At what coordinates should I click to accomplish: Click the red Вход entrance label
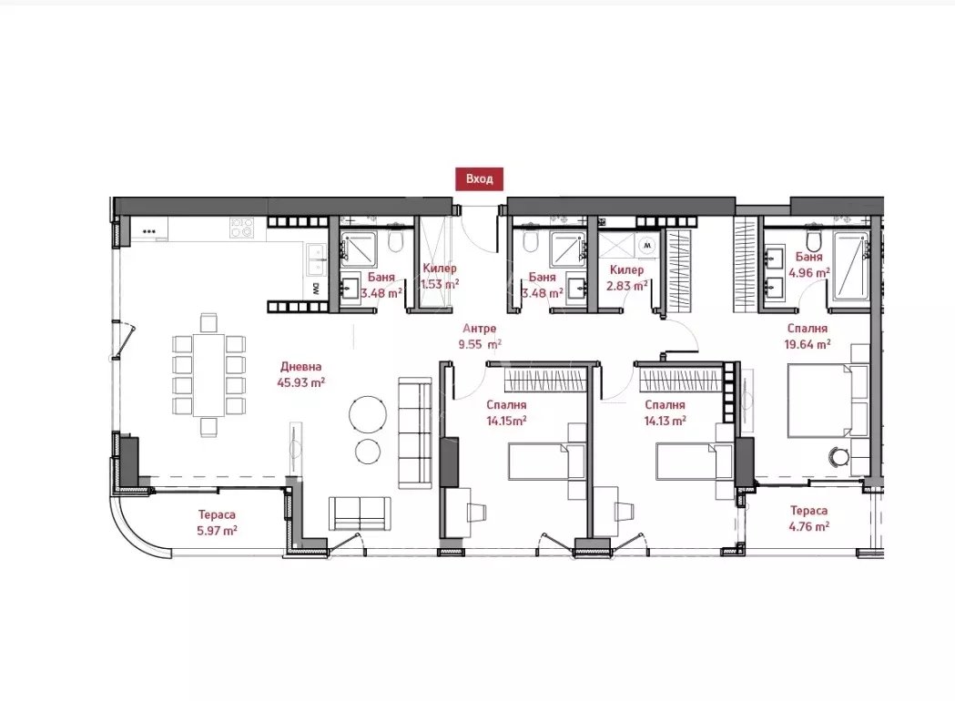479,179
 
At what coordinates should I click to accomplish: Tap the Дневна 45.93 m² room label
301,375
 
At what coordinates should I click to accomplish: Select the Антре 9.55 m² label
479,337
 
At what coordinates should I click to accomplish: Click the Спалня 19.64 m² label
808,337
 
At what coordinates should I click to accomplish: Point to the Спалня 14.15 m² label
508,412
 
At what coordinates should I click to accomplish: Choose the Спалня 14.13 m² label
665,412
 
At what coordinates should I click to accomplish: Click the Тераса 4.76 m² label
808,519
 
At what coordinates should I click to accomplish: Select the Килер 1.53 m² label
439,277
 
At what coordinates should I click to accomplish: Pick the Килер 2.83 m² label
627,277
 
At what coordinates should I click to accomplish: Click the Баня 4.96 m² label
809,265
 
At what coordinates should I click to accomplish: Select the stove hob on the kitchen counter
241,227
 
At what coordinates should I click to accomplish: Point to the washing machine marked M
647,245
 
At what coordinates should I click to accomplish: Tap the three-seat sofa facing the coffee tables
415,431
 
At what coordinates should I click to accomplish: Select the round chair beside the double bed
838,457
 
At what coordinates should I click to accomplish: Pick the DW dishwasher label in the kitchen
315,289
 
